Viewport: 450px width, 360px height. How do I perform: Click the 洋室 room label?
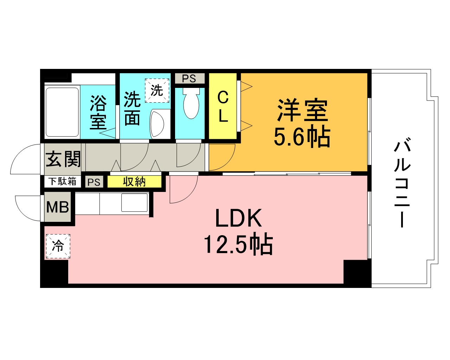click(x=302, y=110)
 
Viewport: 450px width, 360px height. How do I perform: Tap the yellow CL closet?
click(x=223, y=106)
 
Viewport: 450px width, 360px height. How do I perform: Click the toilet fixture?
click(x=191, y=103)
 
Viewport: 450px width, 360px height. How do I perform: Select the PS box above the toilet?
click(x=189, y=78)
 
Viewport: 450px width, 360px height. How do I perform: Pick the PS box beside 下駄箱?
click(x=94, y=182)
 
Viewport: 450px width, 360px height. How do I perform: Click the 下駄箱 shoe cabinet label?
click(x=63, y=181)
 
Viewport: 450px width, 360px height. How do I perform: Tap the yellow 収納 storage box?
click(x=134, y=181)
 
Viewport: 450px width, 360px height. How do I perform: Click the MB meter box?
click(x=58, y=207)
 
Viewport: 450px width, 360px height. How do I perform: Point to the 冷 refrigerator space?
click(x=58, y=246)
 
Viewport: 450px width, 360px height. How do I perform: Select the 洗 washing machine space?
click(x=157, y=90)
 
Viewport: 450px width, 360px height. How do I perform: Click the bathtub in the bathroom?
click(x=62, y=112)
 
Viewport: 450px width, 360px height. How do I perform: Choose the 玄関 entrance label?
click(x=63, y=159)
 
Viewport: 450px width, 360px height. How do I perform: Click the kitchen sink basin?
click(x=134, y=202)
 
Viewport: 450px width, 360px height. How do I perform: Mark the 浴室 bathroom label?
click(x=98, y=112)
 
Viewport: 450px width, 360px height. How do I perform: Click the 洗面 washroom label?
click(x=132, y=109)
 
